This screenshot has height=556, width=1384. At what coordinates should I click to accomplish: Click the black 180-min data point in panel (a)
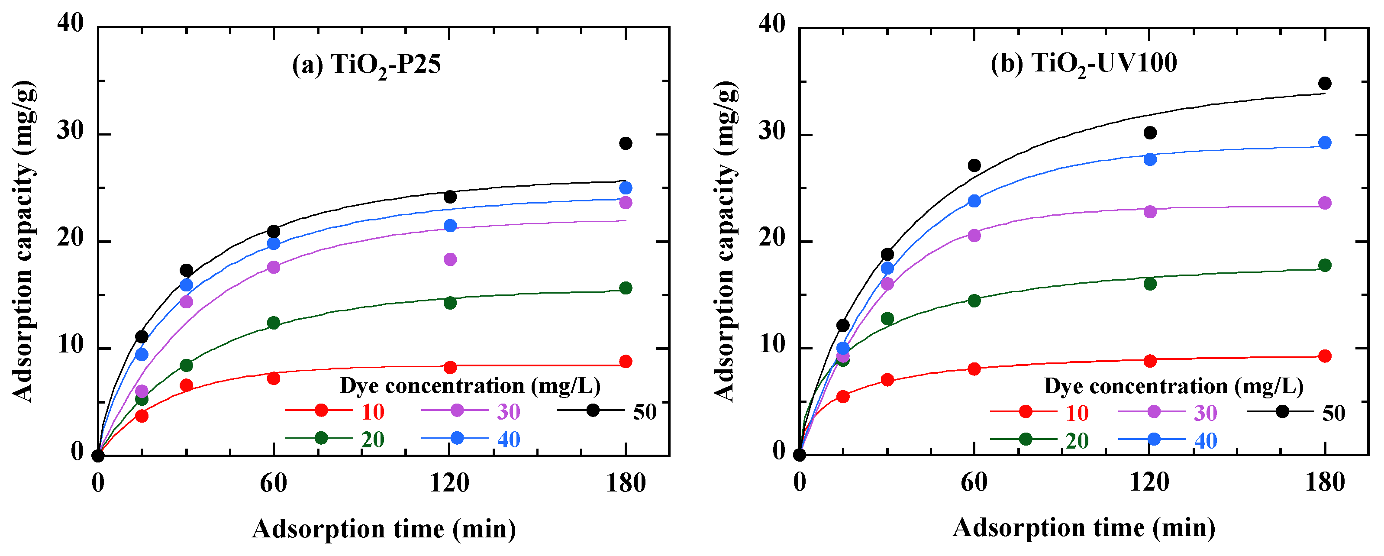[626, 143]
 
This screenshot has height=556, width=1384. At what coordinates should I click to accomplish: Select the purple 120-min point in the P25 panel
[450, 259]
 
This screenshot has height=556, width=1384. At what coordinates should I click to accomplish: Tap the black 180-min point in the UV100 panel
[1325, 83]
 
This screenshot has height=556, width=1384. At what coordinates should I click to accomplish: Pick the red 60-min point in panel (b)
[974, 369]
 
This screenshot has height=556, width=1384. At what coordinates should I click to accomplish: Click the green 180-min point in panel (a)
[626, 288]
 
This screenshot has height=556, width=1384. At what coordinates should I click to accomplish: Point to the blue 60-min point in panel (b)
[974, 201]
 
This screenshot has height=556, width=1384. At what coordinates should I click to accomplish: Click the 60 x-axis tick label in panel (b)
[974, 482]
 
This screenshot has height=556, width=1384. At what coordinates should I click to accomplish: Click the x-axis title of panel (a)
[384, 530]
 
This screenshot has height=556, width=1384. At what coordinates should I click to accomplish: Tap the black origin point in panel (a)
[98, 456]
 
